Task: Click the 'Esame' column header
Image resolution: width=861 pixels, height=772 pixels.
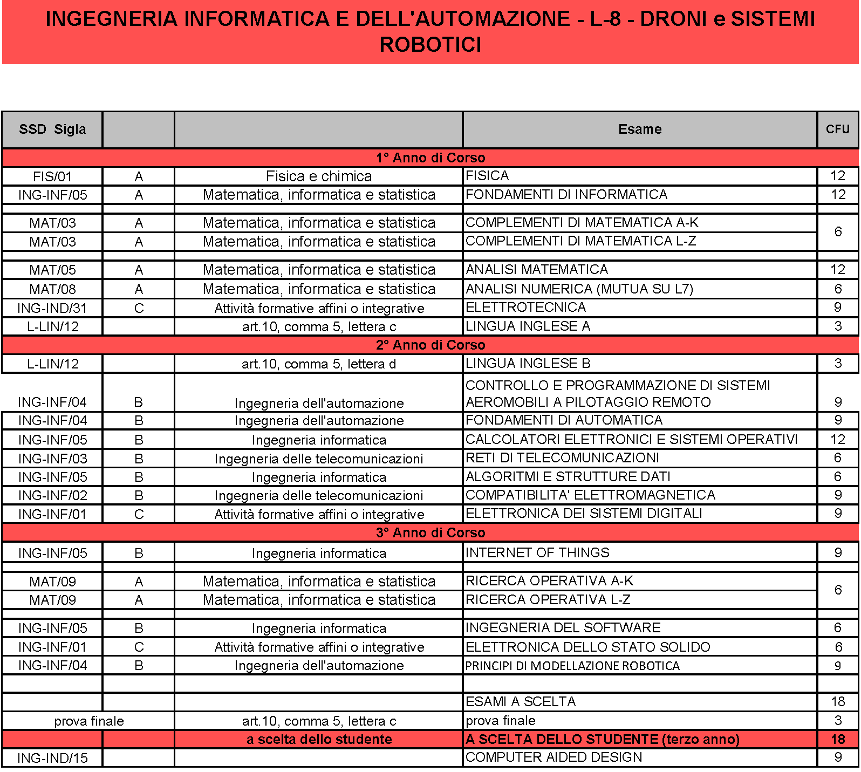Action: (639, 129)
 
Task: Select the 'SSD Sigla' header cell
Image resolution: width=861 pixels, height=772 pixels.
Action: (52, 129)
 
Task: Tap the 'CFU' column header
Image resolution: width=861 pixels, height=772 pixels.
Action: (837, 129)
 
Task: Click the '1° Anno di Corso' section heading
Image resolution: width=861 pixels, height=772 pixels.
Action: (430, 158)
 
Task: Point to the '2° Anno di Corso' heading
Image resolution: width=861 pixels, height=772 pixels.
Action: (430, 345)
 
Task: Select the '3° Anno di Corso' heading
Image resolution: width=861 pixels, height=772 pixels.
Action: (430, 532)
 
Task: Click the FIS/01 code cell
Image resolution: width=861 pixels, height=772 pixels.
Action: (52, 176)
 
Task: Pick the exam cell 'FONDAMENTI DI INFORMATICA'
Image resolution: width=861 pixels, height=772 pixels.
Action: (566, 194)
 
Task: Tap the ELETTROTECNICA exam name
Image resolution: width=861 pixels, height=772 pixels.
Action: (525, 308)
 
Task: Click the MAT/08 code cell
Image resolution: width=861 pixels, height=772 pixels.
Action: (52, 289)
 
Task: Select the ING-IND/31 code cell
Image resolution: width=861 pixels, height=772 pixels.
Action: (52, 308)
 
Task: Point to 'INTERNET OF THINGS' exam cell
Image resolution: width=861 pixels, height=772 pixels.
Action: (537, 552)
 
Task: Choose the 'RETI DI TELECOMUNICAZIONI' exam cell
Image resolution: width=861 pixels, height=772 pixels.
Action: (562, 458)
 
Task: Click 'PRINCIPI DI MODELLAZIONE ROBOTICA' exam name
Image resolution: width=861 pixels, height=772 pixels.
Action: (572, 666)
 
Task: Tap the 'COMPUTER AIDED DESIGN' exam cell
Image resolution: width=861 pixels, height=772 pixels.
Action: (553, 757)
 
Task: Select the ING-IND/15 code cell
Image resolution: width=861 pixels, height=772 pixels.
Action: (52, 758)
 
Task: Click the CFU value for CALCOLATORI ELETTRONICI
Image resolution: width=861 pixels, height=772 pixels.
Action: (837, 439)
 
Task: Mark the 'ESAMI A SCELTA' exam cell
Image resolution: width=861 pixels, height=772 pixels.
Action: (521, 701)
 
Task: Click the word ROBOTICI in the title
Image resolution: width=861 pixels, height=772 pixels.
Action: (430, 45)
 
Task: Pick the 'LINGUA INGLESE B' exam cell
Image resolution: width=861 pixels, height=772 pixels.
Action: (528, 364)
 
